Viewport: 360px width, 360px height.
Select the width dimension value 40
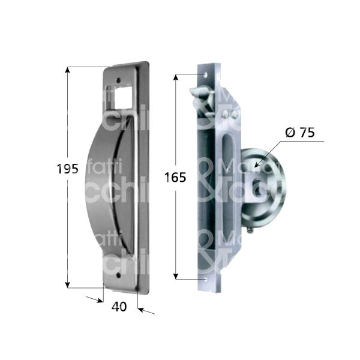tap(119, 306)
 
